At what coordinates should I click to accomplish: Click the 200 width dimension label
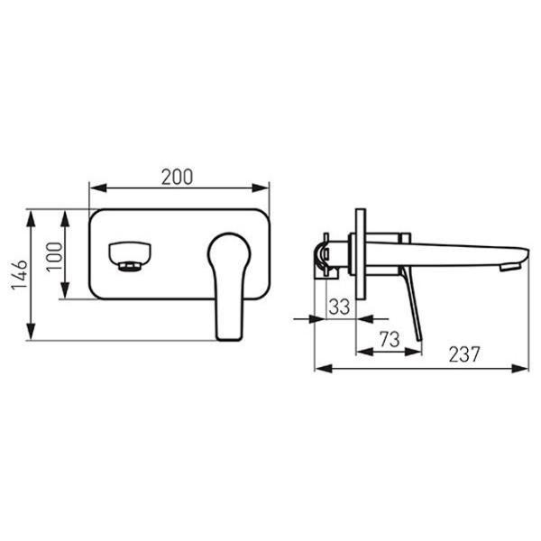177,177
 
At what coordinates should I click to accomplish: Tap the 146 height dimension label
19,275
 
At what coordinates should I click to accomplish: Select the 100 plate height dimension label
55,257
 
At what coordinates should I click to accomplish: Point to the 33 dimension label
339,307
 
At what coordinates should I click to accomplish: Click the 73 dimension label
390,339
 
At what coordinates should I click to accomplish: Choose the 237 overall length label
464,354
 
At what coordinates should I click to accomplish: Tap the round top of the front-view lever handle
229,250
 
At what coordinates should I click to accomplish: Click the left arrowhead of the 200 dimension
97,188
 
